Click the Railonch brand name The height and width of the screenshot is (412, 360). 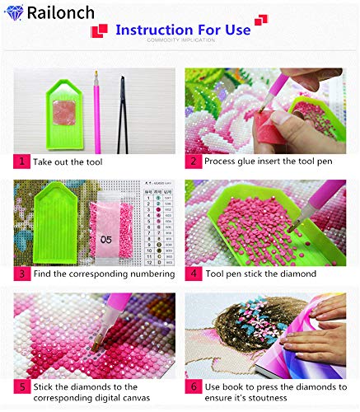click(60, 12)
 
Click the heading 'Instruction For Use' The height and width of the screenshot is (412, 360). click(183, 30)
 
